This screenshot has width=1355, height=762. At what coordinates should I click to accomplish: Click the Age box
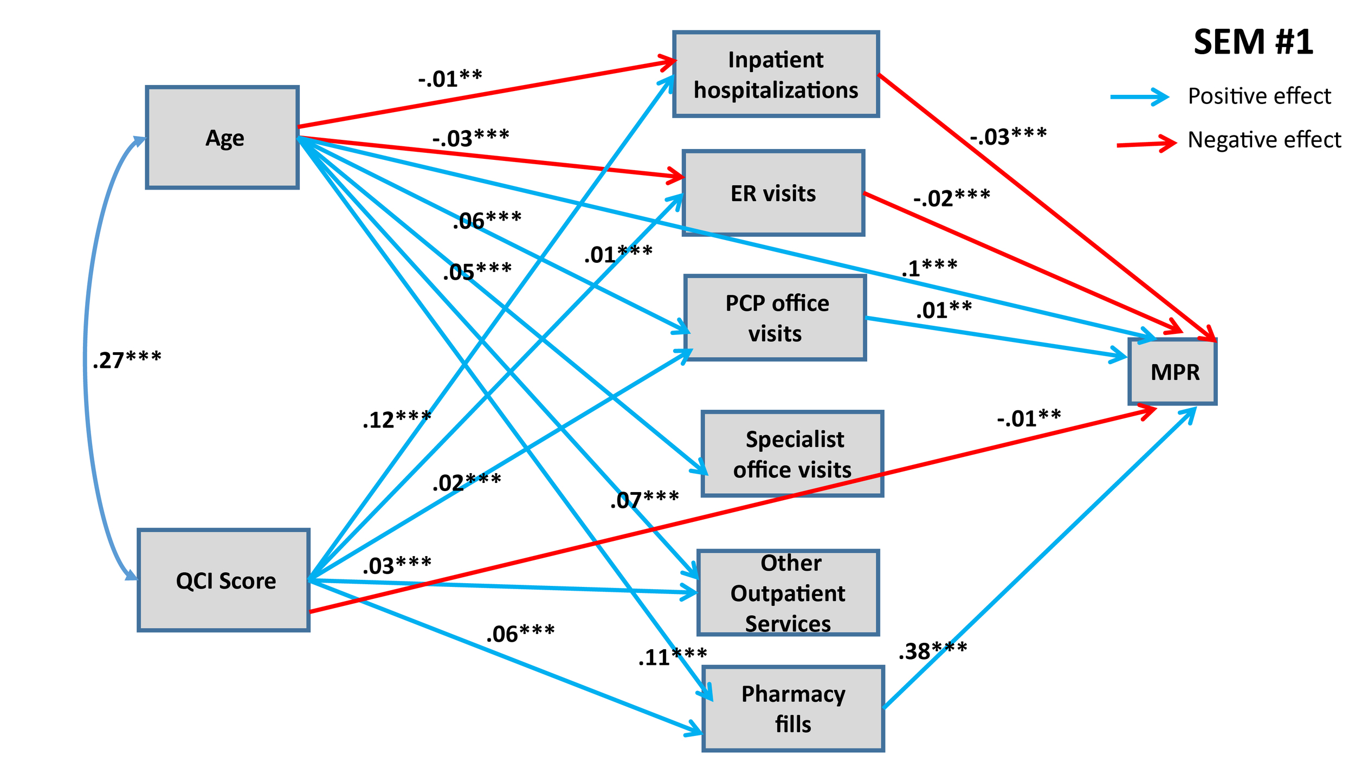point(222,137)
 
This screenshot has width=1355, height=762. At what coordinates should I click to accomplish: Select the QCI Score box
point(223,580)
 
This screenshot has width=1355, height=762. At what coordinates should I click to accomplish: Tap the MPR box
point(1172,372)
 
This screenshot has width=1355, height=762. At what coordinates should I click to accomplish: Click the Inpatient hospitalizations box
point(776,74)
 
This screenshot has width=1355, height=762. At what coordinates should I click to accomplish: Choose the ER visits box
point(773,193)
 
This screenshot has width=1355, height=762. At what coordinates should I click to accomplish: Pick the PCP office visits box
point(775,318)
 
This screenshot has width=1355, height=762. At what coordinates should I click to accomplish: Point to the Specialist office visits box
point(792,454)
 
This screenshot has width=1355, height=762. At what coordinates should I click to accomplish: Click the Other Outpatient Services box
point(788,592)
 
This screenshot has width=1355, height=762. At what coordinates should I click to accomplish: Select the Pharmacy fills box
point(793,708)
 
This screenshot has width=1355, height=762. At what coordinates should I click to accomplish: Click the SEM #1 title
point(1253,42)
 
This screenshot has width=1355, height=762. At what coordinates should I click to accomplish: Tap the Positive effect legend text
point(1259,96)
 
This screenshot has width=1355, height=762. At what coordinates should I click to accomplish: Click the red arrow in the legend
point(1146,144)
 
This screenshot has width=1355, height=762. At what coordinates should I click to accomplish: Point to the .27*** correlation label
point(127,360)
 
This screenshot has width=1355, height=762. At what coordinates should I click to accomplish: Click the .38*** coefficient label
point(932,651)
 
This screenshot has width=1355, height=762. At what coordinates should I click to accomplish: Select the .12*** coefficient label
point(397,419)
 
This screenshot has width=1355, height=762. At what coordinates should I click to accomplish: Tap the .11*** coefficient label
point(672,657)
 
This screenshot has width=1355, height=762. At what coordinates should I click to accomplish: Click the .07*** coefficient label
point(644,499)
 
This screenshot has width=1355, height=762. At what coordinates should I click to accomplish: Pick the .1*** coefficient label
point(929,268)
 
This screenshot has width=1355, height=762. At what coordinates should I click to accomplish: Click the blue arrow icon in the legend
point(1140,97)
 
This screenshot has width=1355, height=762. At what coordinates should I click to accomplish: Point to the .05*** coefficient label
point(477,271)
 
